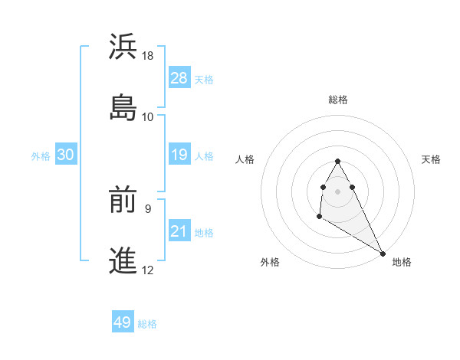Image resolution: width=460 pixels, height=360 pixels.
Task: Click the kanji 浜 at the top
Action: (123, 47)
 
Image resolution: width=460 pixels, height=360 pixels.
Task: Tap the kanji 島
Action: (123, 107)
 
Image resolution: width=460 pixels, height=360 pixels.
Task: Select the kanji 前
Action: (123, 201)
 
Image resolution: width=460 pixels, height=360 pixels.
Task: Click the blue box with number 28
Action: (179, 77)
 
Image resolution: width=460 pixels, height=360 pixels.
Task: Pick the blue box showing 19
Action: (179, 155)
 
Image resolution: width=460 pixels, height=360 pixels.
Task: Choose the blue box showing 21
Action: (179, 231)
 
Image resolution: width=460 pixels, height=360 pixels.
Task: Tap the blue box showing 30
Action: (66, 155)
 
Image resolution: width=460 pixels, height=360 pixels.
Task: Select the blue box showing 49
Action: (122, 322)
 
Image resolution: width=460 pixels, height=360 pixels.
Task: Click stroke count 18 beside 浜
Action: (148, 56)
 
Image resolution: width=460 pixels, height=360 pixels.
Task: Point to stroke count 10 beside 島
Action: (148, 116)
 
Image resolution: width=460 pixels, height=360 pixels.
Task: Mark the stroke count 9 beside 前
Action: (148, 208)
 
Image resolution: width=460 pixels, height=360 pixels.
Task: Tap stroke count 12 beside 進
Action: (148, 270)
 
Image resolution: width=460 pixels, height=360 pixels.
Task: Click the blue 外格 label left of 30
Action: (41, 156)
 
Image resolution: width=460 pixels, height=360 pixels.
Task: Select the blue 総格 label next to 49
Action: (147, 324)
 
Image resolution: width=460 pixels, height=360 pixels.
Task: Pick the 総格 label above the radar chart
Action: (338, 100)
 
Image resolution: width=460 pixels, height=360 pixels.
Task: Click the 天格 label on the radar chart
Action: (432, 159)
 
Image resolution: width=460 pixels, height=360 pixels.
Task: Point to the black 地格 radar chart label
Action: (402, 262)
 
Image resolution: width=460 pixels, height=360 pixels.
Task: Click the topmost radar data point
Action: (337, 161)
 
